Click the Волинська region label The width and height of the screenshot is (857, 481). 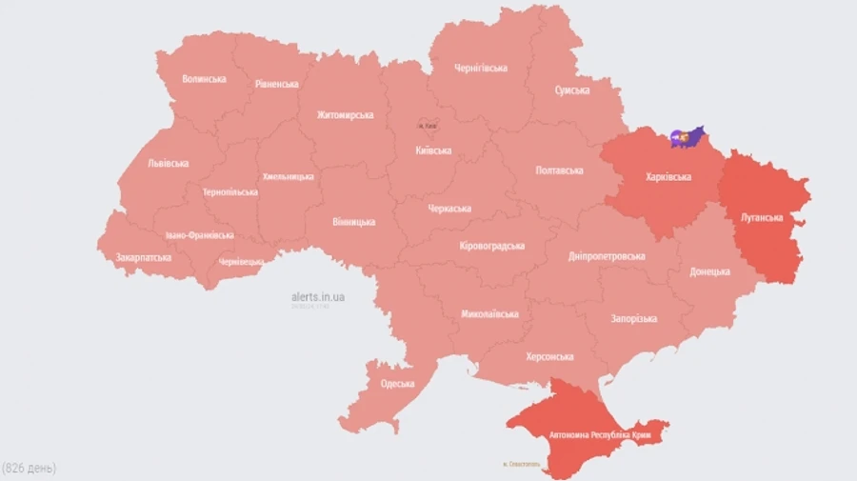pos(204,79)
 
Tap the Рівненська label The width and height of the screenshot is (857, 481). pos(276,84)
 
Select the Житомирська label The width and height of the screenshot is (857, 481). pos(345,115)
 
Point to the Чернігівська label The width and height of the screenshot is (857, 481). pos(480,68)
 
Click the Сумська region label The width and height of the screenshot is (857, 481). pos(571,90)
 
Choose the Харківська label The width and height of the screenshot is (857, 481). pos(668,176)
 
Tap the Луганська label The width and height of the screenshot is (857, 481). pos(762,217)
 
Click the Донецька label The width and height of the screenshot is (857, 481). pos(709,271)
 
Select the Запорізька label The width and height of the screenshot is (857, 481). pos(633,318)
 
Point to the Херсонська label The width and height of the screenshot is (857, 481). pos(549,357)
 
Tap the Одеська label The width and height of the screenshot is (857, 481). pos(397,384)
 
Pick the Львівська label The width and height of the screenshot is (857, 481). pos(168,163)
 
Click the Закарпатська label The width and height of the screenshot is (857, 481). pos(144,257)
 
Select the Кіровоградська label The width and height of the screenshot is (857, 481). pos(491,246)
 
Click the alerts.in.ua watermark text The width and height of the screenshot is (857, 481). pos(318,297)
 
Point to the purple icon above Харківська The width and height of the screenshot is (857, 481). pos(686,137)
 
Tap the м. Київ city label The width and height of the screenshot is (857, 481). pos(428,126)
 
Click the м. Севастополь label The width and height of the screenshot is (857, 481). pos(520,465)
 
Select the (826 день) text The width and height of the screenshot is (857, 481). pos(29,468)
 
